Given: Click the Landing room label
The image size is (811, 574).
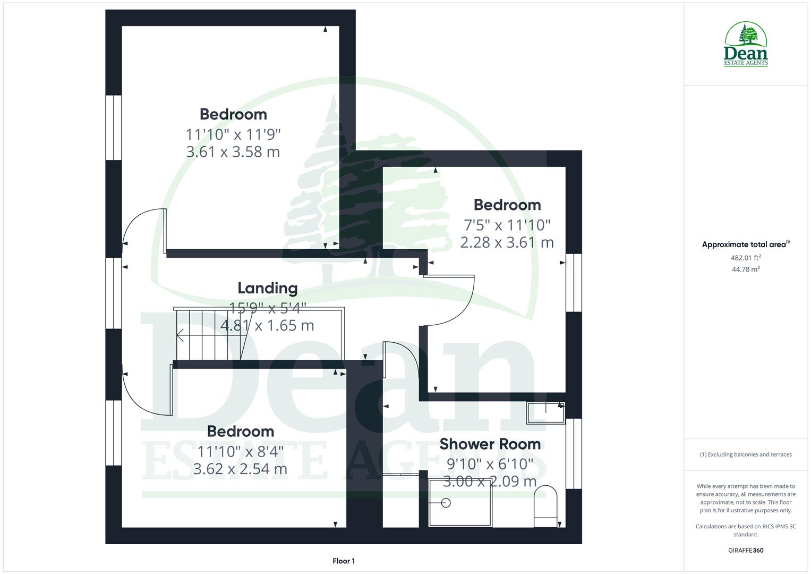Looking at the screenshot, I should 267,289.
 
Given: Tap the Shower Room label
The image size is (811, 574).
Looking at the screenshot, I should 490,444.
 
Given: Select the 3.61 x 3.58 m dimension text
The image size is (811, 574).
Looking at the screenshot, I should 233,152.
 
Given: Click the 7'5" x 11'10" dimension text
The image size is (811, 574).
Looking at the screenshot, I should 507,225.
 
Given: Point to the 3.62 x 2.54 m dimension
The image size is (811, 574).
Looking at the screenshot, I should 240,469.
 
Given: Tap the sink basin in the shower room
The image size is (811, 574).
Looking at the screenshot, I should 545,413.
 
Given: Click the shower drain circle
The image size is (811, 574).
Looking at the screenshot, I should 446,502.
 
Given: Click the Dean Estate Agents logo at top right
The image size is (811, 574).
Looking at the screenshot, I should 746,45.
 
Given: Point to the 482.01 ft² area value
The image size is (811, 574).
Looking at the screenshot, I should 746,258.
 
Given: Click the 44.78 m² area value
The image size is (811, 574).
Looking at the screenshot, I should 746,269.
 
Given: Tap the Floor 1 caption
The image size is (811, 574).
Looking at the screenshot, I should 344,561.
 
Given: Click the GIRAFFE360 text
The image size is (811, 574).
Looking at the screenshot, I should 746,551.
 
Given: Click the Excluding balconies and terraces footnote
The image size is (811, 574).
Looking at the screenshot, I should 746,455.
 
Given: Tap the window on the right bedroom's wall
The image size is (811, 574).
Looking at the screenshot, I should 574,282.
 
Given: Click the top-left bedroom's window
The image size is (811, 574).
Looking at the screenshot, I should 113,128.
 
